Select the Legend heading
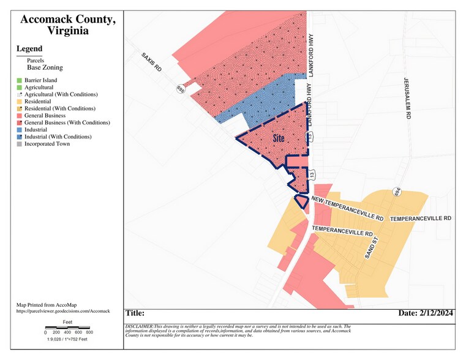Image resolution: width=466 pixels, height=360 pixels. [29, 49]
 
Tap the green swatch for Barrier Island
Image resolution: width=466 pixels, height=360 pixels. [20, 81]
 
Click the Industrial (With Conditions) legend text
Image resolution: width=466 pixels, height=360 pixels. [58, 137]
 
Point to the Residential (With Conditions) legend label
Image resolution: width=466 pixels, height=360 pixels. [60, 108]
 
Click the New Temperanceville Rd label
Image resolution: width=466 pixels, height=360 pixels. [347, 208]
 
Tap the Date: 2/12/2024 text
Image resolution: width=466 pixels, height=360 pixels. [426, 313]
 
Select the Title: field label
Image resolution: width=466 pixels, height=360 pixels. [135, 313]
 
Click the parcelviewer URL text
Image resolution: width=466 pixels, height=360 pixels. [64, 311]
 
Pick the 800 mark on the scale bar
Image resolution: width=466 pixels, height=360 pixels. [89, 332]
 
